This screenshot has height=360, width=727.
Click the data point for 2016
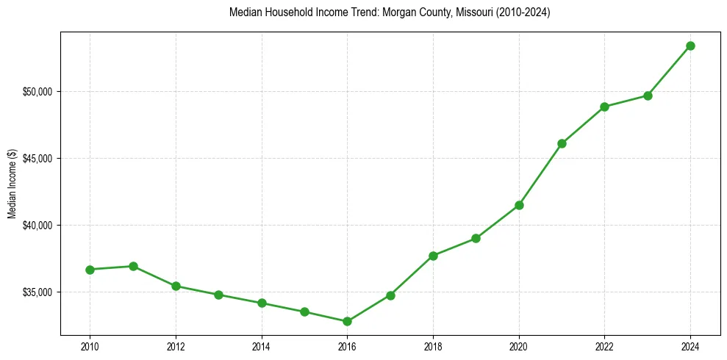tap(347, 321)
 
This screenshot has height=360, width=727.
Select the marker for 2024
tap(690, 46)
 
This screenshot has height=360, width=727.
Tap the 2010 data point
tap(90, 270)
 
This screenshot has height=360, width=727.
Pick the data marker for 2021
tap(562, 143)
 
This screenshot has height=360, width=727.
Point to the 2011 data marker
tap(133, 266)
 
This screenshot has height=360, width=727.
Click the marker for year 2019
tap(476, 238)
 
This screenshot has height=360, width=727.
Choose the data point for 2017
tap(390, 295)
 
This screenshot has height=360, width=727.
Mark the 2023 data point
tap(648, 96)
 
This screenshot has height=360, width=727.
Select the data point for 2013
tap(218, 295)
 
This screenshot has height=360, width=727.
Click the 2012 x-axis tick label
tap(176, 345)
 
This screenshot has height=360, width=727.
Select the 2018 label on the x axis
tap(433, 345)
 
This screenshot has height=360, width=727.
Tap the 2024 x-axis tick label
tap(690, 345)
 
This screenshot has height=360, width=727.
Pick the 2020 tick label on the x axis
tap(519, 345)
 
